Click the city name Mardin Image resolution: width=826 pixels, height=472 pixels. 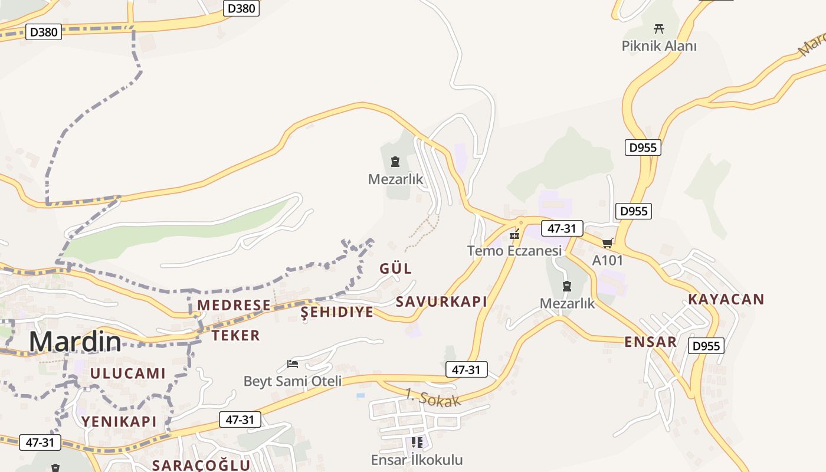coord(75,342)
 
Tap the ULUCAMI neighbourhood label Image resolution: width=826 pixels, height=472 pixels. coord(128,373)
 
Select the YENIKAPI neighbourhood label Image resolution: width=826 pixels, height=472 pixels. coord(119,421)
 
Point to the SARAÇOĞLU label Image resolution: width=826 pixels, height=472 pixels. coord(201,465)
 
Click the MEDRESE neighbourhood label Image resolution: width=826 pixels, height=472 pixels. coord(234,305)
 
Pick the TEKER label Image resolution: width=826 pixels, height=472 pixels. coord(235,336)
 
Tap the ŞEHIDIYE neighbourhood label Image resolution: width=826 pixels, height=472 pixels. coord(337,312)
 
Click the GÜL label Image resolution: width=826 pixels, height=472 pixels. coord(396,268)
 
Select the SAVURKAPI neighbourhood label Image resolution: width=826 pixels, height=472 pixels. coord(441,301)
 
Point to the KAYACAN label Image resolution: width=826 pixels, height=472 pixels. coord(726,299)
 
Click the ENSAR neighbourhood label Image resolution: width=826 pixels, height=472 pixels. coord(650,342)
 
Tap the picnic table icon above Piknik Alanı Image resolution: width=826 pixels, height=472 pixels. coord(659,28)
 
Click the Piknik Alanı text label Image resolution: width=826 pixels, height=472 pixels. coord(659,45)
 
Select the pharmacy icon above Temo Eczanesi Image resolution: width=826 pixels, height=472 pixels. coord(514,235)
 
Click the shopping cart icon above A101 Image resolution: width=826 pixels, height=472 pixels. coord(607,243)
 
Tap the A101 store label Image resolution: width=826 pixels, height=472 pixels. coord(607,260)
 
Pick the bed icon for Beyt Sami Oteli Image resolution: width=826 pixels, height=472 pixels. coord(293,364)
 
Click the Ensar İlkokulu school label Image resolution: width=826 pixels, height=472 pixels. coord(417,460)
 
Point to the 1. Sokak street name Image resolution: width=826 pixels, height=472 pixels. coord(432,398)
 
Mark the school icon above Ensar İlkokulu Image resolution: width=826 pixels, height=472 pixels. coord(417,442)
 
